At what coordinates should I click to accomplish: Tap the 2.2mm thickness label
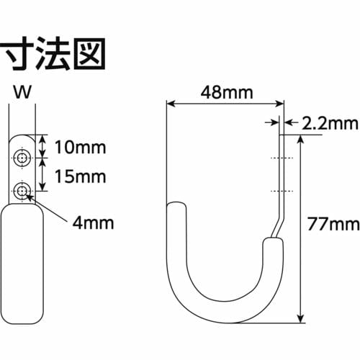328,124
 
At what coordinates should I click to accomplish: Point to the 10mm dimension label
80,148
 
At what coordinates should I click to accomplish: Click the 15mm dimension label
80,176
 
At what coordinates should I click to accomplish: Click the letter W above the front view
24,92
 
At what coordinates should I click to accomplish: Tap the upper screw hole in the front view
24,158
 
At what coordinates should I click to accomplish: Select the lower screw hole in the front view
24,190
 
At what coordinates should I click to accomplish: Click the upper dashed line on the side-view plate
282,158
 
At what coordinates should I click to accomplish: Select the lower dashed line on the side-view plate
282,191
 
